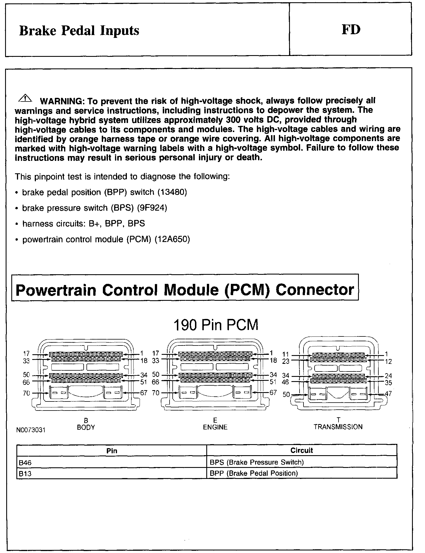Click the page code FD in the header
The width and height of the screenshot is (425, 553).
pyautogui.click(x=351, y=30)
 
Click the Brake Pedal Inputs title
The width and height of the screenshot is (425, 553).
pyautogui.click(x=79, y=31)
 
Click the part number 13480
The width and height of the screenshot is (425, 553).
pyautogui.click(x=172, y=192)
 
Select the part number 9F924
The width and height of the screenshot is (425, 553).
pyautogui.click(x=152, y=208)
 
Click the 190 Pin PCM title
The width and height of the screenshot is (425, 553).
pyautogui.click(x=215, y=325)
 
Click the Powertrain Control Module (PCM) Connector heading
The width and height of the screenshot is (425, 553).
pyautogui.click(x=185, y=290)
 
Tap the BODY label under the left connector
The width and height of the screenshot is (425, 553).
pyautogui.click(x=86, y=427)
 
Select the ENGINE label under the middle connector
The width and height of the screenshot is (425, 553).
pyautogui.click(x=215, y=427)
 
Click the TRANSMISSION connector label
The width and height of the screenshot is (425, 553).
pyautogui.click(x=338, y=427)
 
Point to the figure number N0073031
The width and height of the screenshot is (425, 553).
pyautogui.click(x=31, y=430)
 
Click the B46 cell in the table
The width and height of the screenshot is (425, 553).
pyautogui.click(x=25, y=463)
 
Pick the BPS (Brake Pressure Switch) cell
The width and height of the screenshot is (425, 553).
pyautogui.click(x=257, y=462)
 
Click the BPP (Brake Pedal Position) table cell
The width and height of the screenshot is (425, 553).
pyautogui.click(x=254, y=473)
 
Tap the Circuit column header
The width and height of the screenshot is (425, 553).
pyautogui.click(x=302, y=450)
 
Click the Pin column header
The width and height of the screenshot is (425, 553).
pyautogui.click(x=112, y=451)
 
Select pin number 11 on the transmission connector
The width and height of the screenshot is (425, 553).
pyautogui.click(x=285, y=354)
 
